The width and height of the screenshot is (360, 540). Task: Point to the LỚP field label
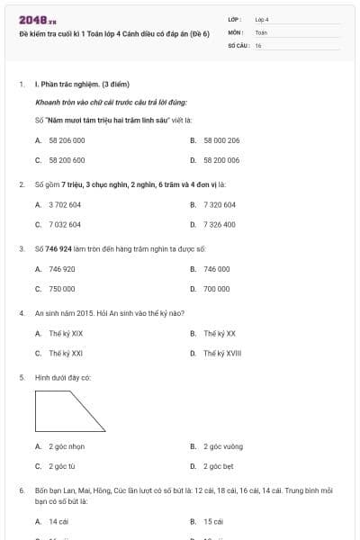pos(235,19)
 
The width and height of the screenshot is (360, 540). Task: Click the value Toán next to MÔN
pos(261,31)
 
